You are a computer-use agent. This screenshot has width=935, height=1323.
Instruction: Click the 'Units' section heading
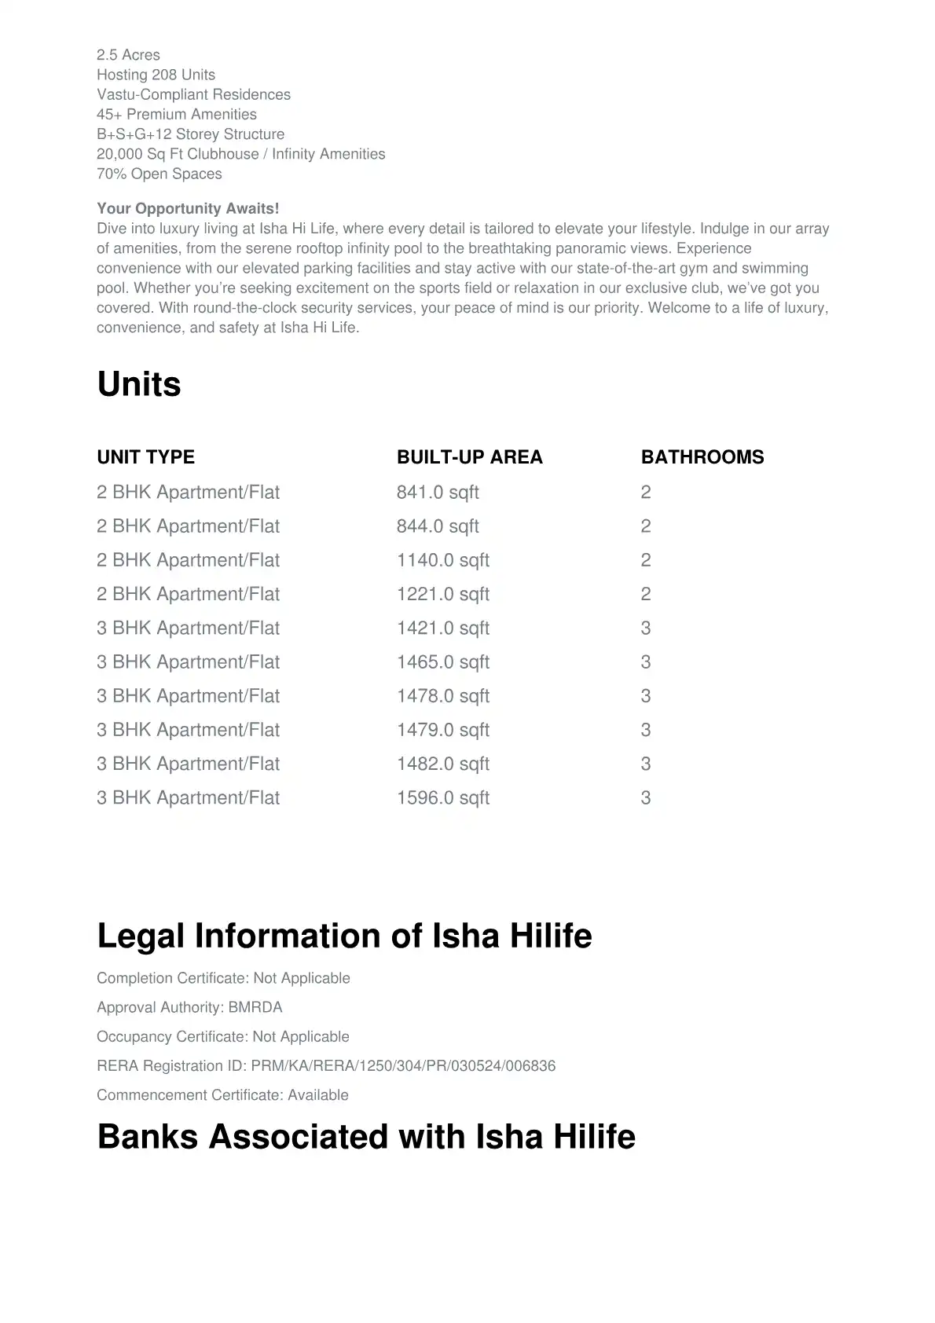point(139,384)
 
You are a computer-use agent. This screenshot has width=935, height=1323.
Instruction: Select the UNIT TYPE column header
point(145,457)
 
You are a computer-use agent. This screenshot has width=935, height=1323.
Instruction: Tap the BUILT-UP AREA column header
point(469,457)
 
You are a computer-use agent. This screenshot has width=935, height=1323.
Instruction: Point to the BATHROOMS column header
point(702,457)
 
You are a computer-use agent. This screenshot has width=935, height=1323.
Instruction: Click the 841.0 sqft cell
point(438,493)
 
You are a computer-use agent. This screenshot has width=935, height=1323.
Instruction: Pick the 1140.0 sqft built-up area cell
point(442,560)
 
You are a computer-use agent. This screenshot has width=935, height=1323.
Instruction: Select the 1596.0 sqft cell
point(442,798)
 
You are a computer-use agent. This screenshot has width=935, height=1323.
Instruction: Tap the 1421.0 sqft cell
point(442,629)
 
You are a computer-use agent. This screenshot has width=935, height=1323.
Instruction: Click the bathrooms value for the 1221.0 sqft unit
point(646,594)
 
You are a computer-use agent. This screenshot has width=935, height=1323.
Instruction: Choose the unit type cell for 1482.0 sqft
point(188,764)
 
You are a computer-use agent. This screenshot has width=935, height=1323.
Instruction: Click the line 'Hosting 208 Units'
point(156,75)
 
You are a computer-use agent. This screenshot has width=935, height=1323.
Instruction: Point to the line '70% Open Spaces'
point(159,174)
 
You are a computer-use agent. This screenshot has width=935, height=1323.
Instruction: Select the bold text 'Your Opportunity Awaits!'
point(188,208)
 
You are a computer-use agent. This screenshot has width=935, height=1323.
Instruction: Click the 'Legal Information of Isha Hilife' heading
point(344,936)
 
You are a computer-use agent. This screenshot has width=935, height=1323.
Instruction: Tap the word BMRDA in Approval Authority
point(255,1007)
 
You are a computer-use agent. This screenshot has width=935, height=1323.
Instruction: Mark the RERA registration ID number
point(403,1066)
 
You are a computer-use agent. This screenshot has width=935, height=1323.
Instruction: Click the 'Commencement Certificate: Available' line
point(222,1095)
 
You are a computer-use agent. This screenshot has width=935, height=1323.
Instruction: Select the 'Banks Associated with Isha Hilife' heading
point(366,1137)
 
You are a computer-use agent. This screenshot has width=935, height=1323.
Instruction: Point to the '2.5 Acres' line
point(128,55)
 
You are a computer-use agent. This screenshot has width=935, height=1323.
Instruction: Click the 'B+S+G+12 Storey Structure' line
point(190,134)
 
